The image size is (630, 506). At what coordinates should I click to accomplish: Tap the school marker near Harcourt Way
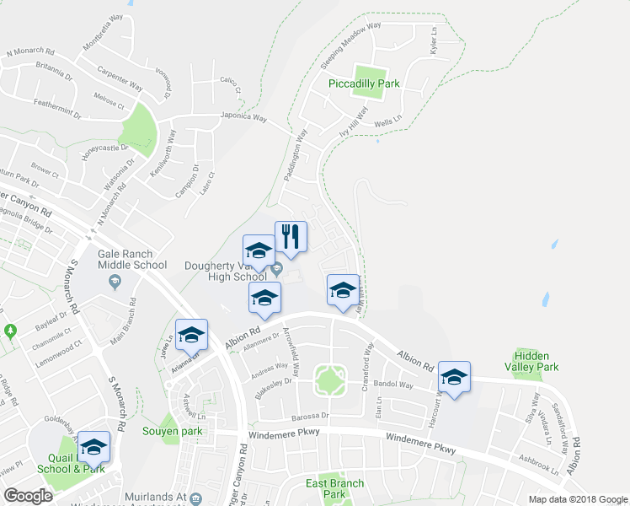click(x=454, y=377)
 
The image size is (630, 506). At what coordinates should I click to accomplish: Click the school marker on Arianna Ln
click(x=191, y=335)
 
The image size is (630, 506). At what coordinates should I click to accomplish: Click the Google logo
click(x=29, y=496)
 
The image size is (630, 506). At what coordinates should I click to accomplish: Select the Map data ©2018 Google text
click(x=578, y=498)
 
